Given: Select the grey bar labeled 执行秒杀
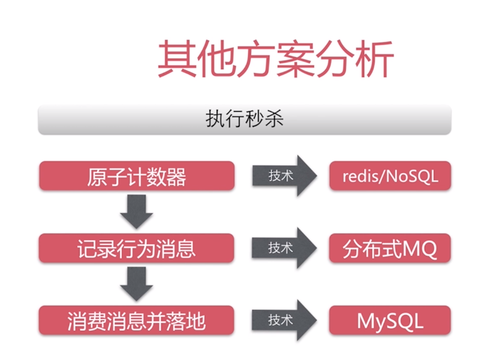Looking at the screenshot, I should (244, 119).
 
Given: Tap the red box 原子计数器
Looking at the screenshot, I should (137, 176).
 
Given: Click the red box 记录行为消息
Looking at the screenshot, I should (137, 248).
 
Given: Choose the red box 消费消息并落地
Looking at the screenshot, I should (137, 320).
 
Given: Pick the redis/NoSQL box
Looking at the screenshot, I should (390, 176).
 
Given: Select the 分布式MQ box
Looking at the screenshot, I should (390, 248).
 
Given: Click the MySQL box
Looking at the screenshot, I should (390, 320).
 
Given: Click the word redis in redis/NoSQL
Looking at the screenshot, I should (359, 176).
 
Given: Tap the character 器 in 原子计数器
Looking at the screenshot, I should (176, 177).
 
